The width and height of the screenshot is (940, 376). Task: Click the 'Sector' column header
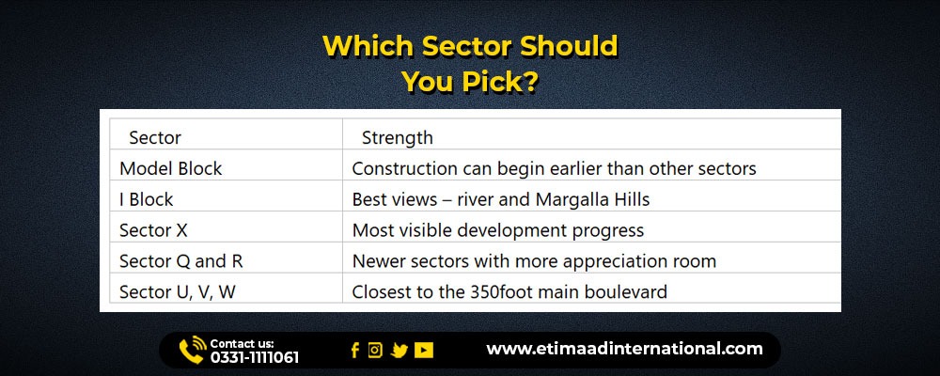(155, 138)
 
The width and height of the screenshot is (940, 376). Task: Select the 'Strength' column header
(397, 138)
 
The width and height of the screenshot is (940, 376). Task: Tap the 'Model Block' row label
(171, 168)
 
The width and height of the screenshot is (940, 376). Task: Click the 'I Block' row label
(147, 199)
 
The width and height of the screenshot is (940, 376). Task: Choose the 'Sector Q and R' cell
(181, 261)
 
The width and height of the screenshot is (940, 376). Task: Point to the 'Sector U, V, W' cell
(178, 292)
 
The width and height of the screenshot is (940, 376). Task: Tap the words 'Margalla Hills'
(592, 199)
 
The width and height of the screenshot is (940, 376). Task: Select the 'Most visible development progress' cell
(498, 230)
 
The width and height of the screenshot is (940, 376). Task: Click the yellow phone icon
(193, 351)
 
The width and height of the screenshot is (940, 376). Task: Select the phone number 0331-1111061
(254, 358)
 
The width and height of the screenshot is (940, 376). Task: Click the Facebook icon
(355, 351)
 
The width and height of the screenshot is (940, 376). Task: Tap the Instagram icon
(375, 351)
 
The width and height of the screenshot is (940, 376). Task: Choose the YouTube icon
(423, 351)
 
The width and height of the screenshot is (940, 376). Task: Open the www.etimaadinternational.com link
(624, 349)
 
